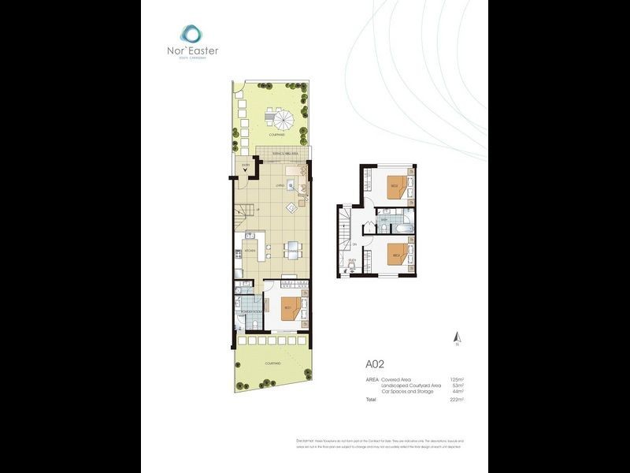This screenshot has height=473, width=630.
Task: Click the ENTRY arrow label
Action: [x=246, y=164]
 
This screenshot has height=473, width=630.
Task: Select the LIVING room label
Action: [x=280, y=185]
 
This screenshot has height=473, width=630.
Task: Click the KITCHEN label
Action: [x=250, y=251]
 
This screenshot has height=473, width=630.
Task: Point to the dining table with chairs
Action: [x=292, y=248]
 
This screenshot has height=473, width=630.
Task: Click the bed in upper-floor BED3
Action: [x=397, y=255]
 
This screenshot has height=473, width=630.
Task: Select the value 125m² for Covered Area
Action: [x=454, y=380]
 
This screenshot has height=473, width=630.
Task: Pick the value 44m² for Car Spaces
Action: [x=456, y=392]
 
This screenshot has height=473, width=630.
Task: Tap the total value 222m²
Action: [x=455, y=400]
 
